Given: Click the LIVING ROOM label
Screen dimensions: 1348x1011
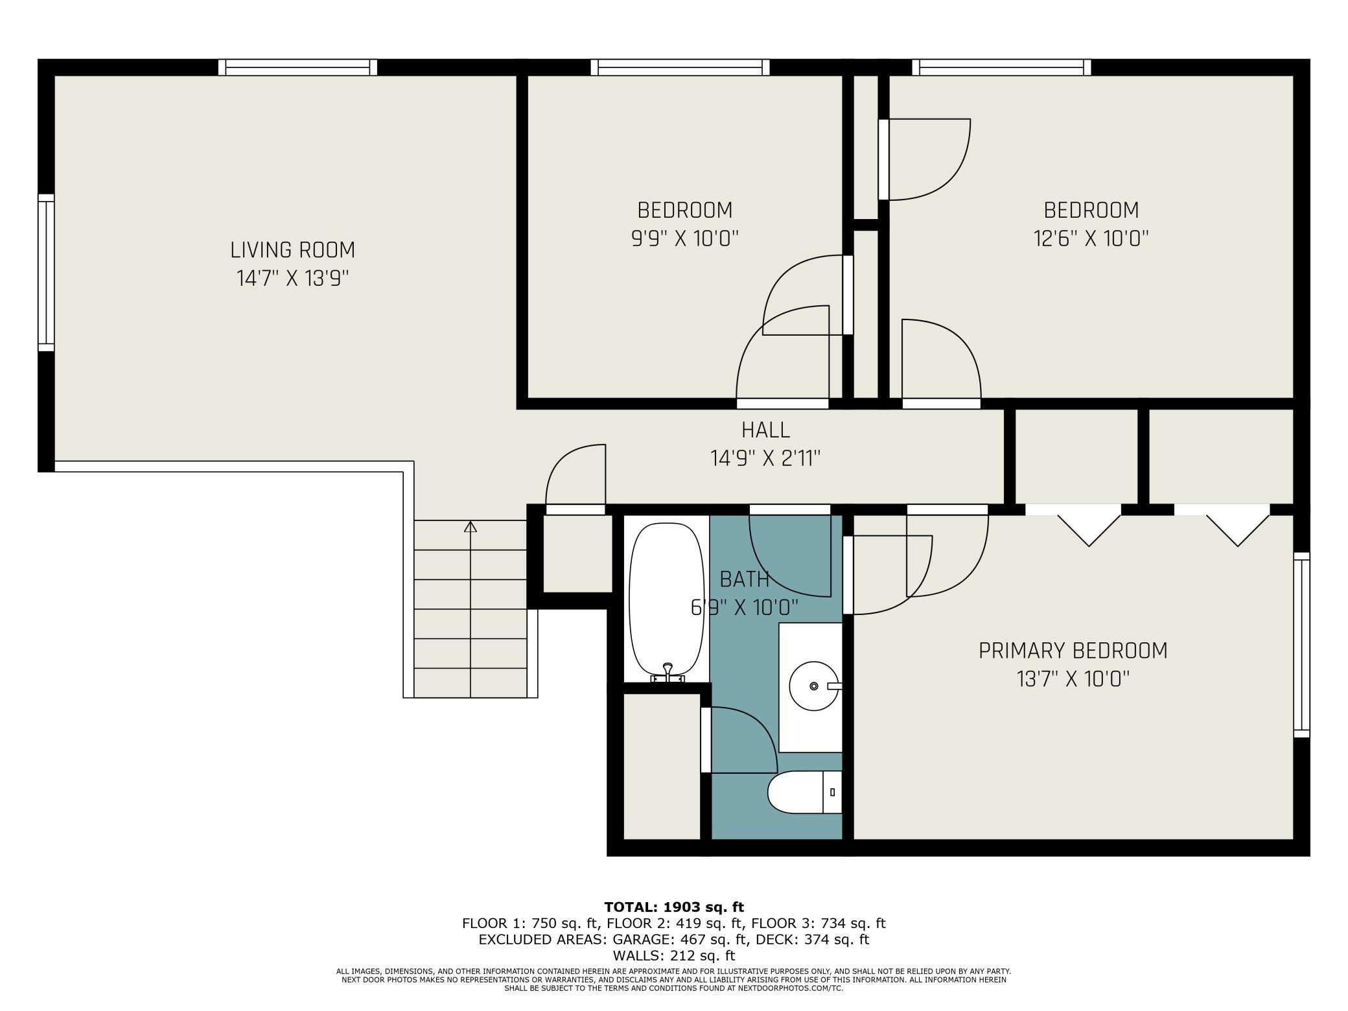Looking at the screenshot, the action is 292,250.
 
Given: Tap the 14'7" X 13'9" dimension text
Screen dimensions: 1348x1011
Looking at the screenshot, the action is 293,279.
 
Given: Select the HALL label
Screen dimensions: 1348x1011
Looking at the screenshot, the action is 765,430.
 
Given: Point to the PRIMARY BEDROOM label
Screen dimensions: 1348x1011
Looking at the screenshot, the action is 1073,650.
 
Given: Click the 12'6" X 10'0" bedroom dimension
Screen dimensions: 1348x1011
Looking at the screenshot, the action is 1091,238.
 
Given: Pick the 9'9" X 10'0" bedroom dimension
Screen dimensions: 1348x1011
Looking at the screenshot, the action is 685,238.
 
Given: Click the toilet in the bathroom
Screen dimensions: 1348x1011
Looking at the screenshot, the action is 804,792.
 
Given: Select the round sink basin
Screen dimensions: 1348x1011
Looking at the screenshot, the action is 813,686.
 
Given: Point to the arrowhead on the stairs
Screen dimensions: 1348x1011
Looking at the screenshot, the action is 471,527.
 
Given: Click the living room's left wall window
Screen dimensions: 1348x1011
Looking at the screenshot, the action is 46,272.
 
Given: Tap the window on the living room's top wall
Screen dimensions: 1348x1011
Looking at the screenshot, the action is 297,67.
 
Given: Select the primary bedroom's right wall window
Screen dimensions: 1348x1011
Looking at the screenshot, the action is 1301,645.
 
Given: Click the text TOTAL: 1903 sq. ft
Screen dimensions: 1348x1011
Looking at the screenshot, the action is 674,907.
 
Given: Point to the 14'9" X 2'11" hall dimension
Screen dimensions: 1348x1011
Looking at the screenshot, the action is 765,459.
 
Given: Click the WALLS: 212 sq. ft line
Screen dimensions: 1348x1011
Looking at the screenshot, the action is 674,955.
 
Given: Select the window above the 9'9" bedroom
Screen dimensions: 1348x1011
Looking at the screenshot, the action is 680,67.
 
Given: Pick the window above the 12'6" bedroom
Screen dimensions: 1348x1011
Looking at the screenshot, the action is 1001,67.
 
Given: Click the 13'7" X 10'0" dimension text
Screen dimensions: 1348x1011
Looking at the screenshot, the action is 1073,679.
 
